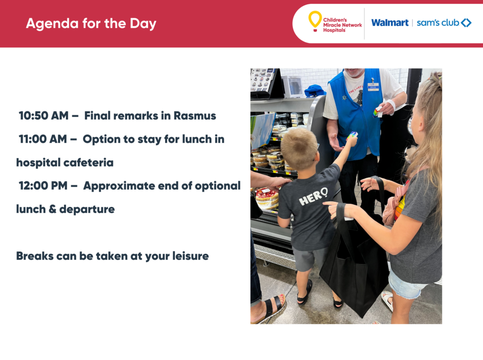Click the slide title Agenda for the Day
91,24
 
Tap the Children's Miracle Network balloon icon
315,21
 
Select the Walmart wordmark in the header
390,23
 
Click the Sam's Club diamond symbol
466,23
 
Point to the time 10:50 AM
43,116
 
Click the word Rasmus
195,116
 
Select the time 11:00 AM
43,139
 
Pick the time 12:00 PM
43,186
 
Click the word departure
87,209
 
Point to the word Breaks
35,256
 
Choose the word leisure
191,256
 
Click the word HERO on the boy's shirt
313,197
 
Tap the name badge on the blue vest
373,86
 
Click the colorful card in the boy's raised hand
352,135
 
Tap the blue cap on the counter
315,91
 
